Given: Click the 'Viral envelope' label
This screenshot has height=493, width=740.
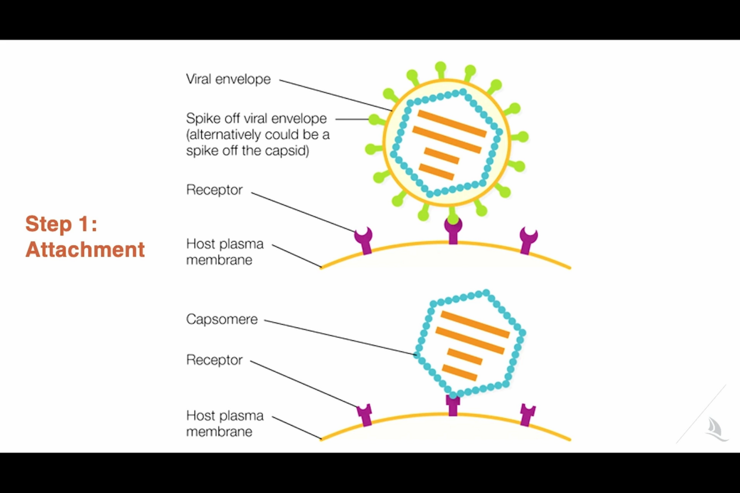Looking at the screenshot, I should click(x=228, y=79).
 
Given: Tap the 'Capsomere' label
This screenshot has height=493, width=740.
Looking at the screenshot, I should click(x=222, y=319).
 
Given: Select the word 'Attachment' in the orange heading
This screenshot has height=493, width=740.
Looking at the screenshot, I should click(x=85, y=250).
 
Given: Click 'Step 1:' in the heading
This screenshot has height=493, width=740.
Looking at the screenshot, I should click(x=61, y=224).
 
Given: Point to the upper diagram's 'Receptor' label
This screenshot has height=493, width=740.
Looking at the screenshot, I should click(x=214, y=190).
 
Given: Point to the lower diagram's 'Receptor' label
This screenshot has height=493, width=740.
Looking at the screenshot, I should click(x=214, y=360).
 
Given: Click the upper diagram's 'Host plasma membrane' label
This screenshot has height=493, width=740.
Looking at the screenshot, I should click(x=225, y=252).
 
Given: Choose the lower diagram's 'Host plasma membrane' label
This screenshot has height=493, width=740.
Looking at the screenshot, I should click(x=225, y=424).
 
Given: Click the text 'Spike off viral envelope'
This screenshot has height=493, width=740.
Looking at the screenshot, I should click(x=256, y=119).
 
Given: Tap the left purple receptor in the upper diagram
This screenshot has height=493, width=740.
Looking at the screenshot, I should click(x=364, y=241).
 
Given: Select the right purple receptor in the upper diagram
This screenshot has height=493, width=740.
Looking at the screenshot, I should click(x=528, y=240).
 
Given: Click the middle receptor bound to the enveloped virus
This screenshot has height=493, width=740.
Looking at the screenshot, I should click(x=453, y=231).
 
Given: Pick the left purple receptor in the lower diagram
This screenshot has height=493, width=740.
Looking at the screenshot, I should click(x=364, y=415).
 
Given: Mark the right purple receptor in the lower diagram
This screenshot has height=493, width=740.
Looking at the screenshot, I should click(x=527, y=415).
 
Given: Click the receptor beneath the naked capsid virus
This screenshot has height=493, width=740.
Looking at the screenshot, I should click(x=453, y=405).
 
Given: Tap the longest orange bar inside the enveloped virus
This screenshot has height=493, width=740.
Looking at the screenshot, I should click(x=447, y=139).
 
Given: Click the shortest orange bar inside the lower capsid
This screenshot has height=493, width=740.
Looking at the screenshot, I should click(x=460, y=373).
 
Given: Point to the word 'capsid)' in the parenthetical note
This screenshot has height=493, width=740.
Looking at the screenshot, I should click(x=289, y=151).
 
